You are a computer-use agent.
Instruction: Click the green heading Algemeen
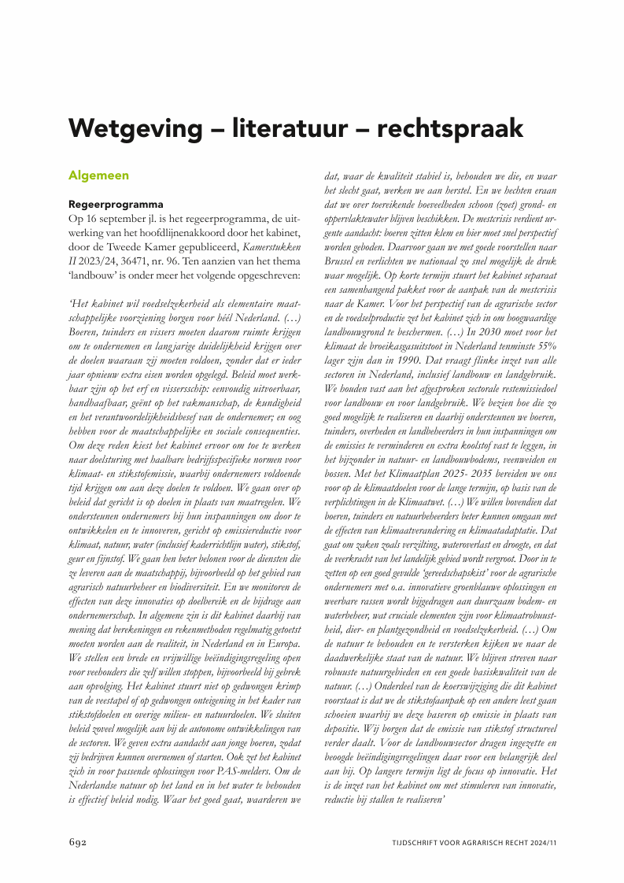click(98, 175)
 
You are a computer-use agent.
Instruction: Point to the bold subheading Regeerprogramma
click(116, 203)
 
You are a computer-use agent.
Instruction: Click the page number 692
click(77, 842)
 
